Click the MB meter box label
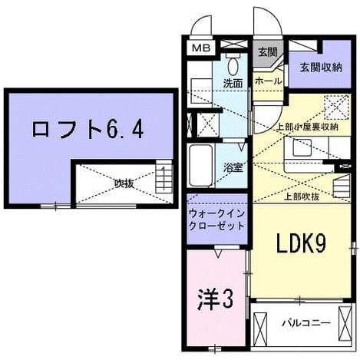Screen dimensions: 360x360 [x=201, y=48]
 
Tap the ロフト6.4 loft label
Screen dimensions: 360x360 [x=88, y=130]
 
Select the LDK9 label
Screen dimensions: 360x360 [x=301, y=244]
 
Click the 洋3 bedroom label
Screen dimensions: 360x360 [x=215, y=299]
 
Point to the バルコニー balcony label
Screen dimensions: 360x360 [x=306, y=323]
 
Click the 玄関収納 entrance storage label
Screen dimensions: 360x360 [x=321, y=68]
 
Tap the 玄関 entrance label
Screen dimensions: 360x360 [x=267, y=52]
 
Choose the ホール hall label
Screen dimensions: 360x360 [x=268, y=81]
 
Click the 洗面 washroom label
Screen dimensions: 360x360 [x=233, y=84]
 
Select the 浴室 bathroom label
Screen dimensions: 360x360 [x=233, y=169]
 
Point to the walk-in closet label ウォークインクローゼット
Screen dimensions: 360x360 [x=216, y=220]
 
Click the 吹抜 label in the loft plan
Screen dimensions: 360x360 [x=124, y=183]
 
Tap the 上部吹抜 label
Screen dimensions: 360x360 [x=302, y=197]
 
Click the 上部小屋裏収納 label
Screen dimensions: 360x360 [x=308, y=127]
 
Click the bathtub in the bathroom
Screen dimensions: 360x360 [x=201, y=166]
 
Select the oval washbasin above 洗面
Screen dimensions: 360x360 [x=233, y=67]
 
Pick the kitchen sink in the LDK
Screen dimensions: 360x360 [x=302, y=148]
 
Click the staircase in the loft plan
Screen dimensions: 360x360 [x=164, y=177]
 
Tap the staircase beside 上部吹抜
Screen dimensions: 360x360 [x=342, y=186]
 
